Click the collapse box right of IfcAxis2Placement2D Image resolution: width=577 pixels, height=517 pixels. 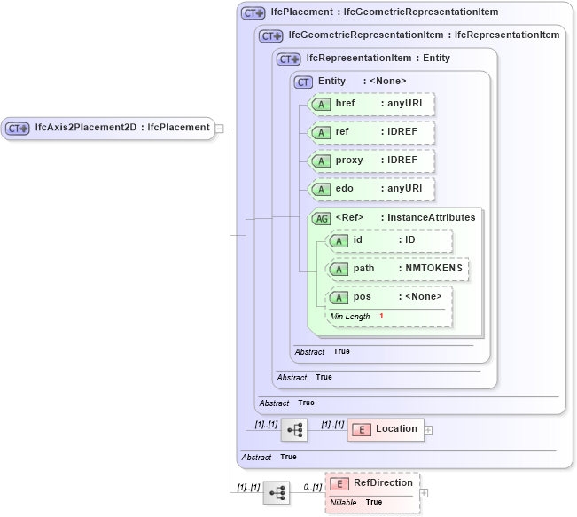point(219,128)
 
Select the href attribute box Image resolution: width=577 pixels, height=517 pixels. point(371,104)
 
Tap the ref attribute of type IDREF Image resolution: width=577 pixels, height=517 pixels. point(371,132)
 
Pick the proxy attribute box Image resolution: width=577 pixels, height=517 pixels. point(371,161)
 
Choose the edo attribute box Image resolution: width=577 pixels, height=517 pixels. point(371,189)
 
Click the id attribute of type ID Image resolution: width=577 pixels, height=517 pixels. point(389,240)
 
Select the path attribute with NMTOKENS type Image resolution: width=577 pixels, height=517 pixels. point(398,269)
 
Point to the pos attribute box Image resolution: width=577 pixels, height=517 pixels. point(389,297)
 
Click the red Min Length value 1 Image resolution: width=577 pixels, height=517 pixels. point(381,317)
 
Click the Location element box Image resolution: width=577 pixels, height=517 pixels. point(386,429)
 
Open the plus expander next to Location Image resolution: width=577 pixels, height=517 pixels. point(429,430)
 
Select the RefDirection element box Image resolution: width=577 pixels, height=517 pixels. point(372,483)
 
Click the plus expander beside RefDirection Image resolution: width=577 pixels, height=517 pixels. point(424,493)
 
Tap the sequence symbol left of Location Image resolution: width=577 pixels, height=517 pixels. point(293,430)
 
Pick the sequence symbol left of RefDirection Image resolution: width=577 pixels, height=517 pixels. point(277,493)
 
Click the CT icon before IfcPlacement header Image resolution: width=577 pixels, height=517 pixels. point(253,13)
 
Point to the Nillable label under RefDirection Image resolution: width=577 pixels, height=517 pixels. point(343,502)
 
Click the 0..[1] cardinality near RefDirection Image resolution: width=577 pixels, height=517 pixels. point(312,488)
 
